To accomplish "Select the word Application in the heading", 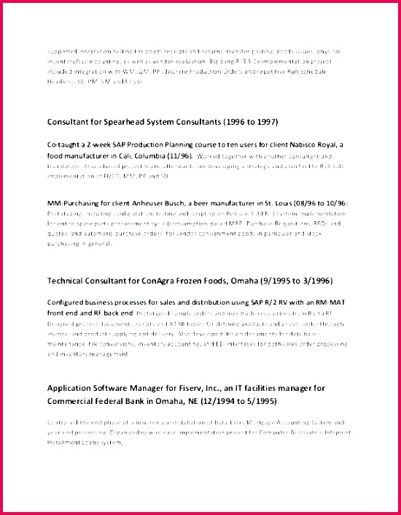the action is pos(75,388).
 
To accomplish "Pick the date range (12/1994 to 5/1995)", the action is pos(239,401).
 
